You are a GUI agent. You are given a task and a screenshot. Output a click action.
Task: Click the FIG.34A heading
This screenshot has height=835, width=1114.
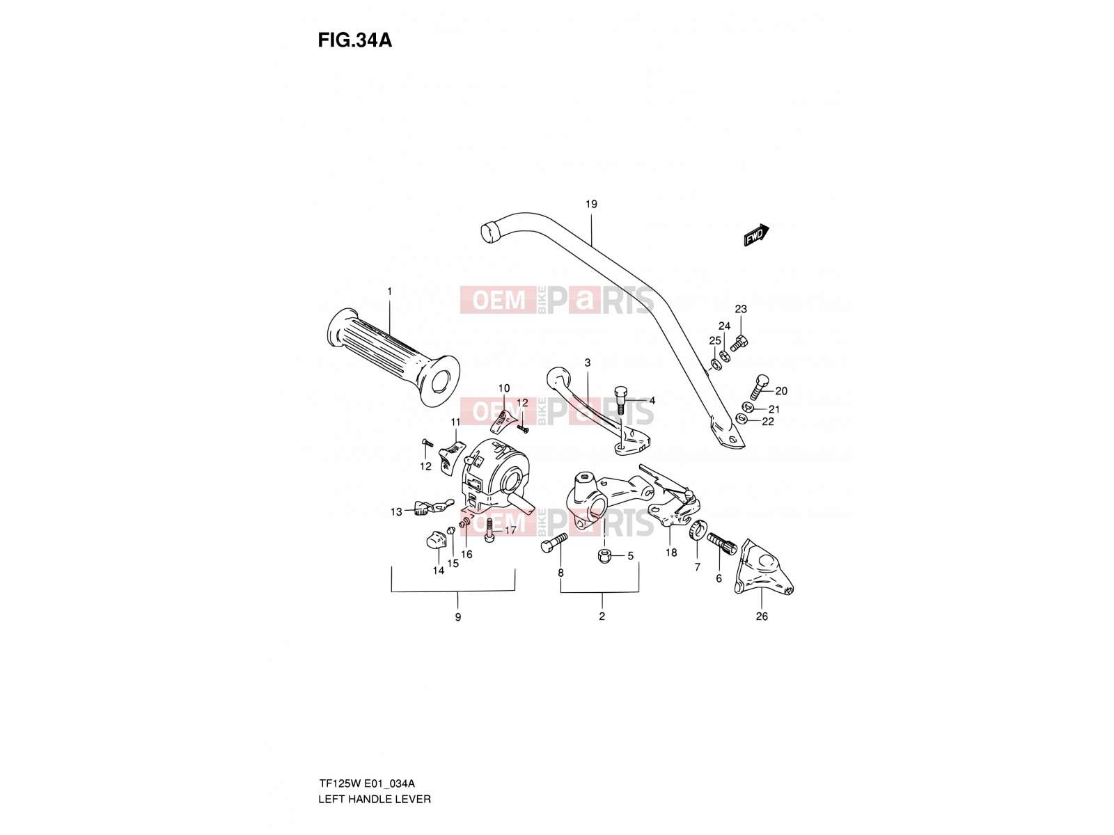click(x=355, y=40)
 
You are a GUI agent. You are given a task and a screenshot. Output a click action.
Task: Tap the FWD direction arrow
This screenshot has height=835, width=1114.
click(x=756, y=235)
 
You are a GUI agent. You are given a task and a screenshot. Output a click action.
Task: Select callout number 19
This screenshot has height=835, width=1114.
click(x=591, y=205)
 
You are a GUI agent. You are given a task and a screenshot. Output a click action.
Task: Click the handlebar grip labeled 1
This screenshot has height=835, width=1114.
click(x=393, y=356)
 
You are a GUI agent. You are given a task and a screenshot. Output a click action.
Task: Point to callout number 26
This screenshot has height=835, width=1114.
click(x=762, y=617)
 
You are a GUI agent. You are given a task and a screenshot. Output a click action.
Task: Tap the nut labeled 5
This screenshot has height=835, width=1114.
click(x=604, y=555)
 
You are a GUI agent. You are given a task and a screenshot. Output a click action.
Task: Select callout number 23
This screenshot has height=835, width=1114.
click(x=741, y=309)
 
